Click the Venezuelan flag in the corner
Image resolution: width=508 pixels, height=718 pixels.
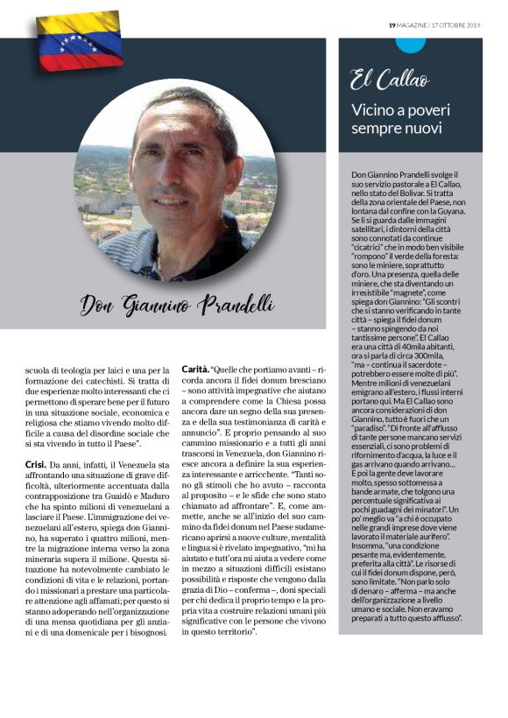point(79,40)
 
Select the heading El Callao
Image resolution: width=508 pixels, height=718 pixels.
point(390,81)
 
